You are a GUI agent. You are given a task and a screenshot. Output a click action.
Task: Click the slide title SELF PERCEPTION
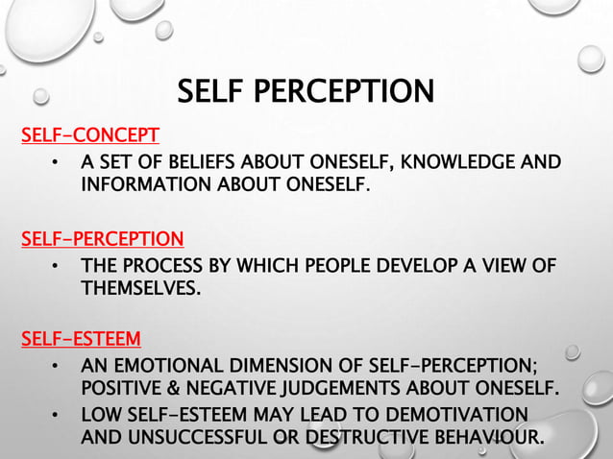click(x=306, y=91)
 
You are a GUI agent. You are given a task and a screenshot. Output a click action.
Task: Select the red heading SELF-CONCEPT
click(x=90, y=134)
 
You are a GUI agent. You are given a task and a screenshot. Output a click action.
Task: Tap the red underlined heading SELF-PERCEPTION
click(x=102, y=237)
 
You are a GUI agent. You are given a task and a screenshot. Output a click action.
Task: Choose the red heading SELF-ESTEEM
click(x=81, y=339)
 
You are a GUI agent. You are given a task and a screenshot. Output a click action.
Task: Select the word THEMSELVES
click(x=141, y=286)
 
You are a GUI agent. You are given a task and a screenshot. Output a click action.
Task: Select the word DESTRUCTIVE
click(x=370, y=439)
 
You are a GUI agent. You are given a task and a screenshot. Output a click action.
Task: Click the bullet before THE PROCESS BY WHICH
click(x=57, y=264)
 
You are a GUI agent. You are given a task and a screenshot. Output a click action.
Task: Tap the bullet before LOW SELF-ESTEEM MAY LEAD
click(x=57, y=416)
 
